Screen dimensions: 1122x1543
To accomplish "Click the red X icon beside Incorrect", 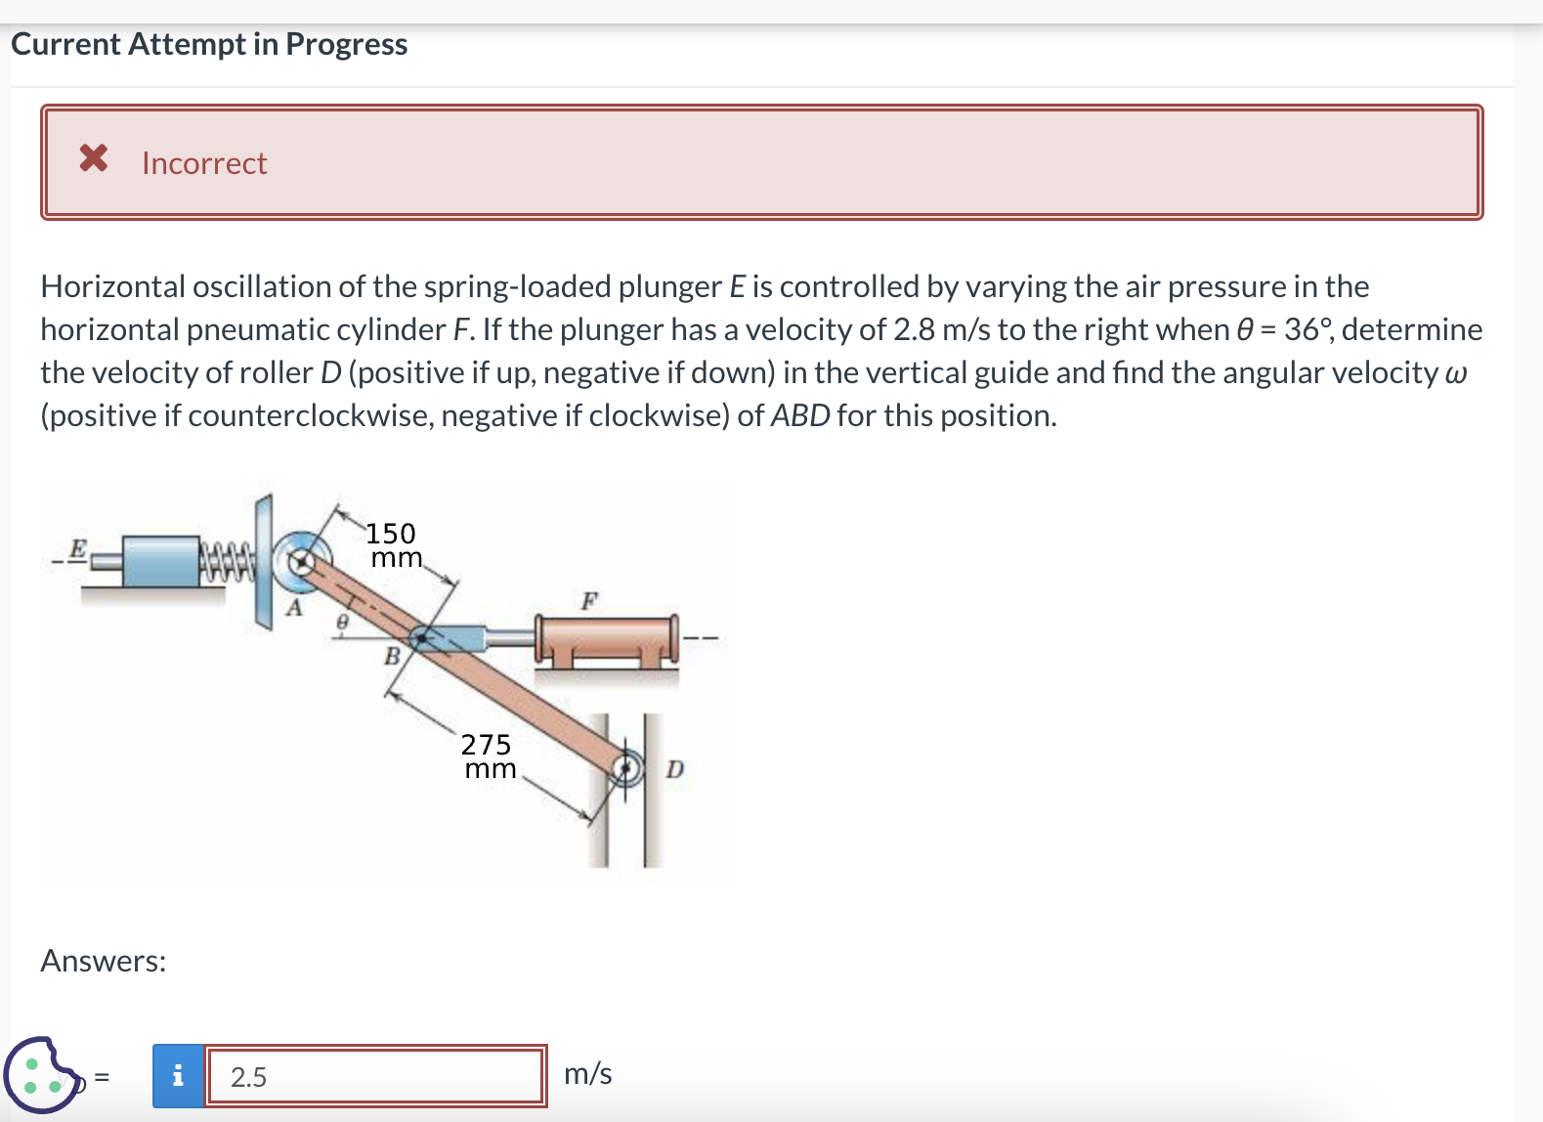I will click(94, 157).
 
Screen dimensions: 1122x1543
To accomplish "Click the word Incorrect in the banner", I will click(204, 163).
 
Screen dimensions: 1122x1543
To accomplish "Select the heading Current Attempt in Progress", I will click(209, 44).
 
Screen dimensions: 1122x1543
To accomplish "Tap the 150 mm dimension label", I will click(393, 545).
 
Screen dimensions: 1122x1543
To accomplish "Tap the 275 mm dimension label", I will click(488, 756).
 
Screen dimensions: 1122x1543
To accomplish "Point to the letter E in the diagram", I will click(78, 547).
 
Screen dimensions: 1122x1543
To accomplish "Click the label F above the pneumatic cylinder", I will click(588, 600).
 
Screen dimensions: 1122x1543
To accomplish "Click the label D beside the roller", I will click(674, 770).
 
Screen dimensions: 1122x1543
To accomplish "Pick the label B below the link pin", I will click(391, 656).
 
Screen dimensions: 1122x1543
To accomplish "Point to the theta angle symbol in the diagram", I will click(342, 622).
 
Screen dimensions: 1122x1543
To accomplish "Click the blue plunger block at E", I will click(161, 561).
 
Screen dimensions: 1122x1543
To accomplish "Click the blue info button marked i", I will click(178, 1076).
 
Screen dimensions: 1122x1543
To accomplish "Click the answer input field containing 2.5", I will click(375, 1076).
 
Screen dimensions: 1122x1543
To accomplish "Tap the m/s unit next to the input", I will click(588, 1074).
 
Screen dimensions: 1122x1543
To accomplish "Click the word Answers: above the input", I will click(104, 962).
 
